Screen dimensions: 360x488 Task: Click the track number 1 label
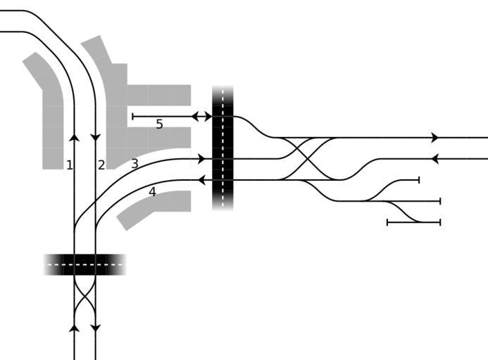coord(69,165)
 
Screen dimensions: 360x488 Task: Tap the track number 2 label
coord(101,165)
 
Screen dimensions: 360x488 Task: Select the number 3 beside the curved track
coord(134,165)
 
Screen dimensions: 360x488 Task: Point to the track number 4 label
coord(152,191)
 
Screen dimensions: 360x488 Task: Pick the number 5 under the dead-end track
coord(159,124)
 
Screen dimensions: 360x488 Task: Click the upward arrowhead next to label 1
coord(75,137)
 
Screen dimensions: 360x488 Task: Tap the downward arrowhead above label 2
coord(96,137)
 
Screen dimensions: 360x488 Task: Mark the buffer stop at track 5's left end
coord(132,116)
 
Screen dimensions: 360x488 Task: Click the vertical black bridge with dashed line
coord(223,148)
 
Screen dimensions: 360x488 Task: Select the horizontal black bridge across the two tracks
coord(85,264)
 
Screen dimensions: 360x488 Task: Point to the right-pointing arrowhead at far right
coord(434,138)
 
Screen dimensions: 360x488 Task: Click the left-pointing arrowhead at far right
coord(434,159)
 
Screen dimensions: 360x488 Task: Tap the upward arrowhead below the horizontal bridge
coord(75,327)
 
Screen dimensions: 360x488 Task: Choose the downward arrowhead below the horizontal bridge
coord(96,328)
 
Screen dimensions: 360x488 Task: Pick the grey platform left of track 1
coord(49,112)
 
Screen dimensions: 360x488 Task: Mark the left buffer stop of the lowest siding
coord(387,222)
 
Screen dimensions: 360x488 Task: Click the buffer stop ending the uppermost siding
coord(419,180)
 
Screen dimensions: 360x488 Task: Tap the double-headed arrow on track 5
coord(201,116)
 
